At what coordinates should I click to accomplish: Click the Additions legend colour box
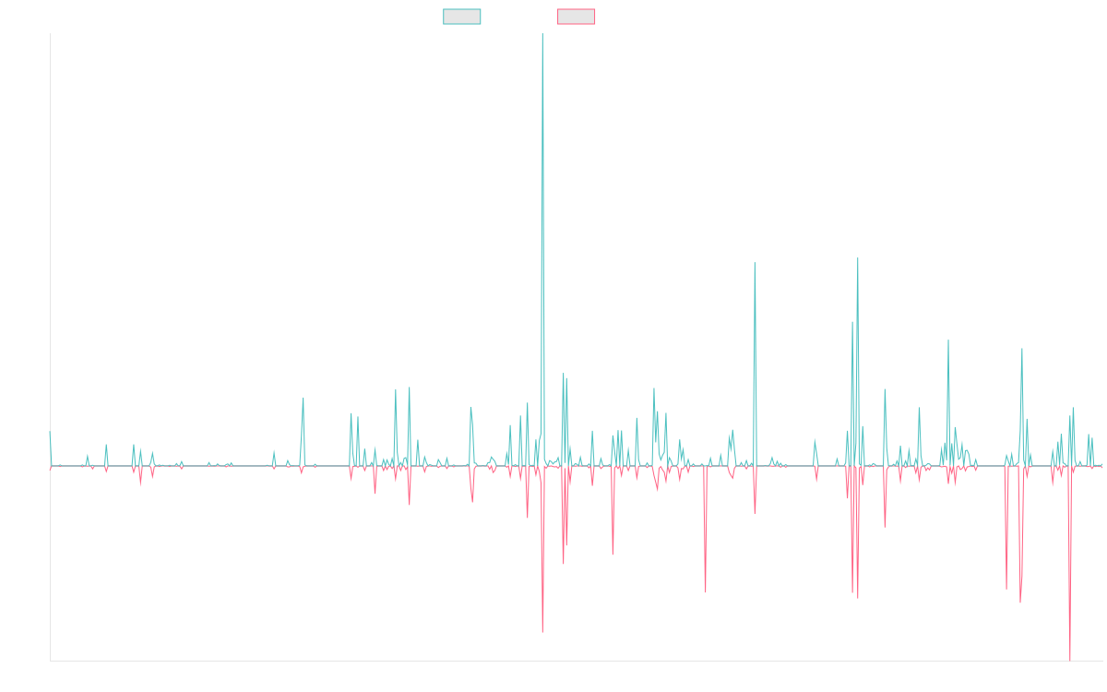[x=462, y=17]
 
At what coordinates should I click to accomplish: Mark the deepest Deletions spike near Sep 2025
[x=1070, y=659]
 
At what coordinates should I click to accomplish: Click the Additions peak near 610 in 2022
[x=755, y=263]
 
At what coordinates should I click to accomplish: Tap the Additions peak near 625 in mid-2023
[x=858, y=258]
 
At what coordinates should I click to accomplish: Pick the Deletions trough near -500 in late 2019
[x=542, y=632]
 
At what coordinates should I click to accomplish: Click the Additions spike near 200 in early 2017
[x=304, y=398]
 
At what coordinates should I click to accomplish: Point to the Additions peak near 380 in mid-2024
[x=947, y=340]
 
